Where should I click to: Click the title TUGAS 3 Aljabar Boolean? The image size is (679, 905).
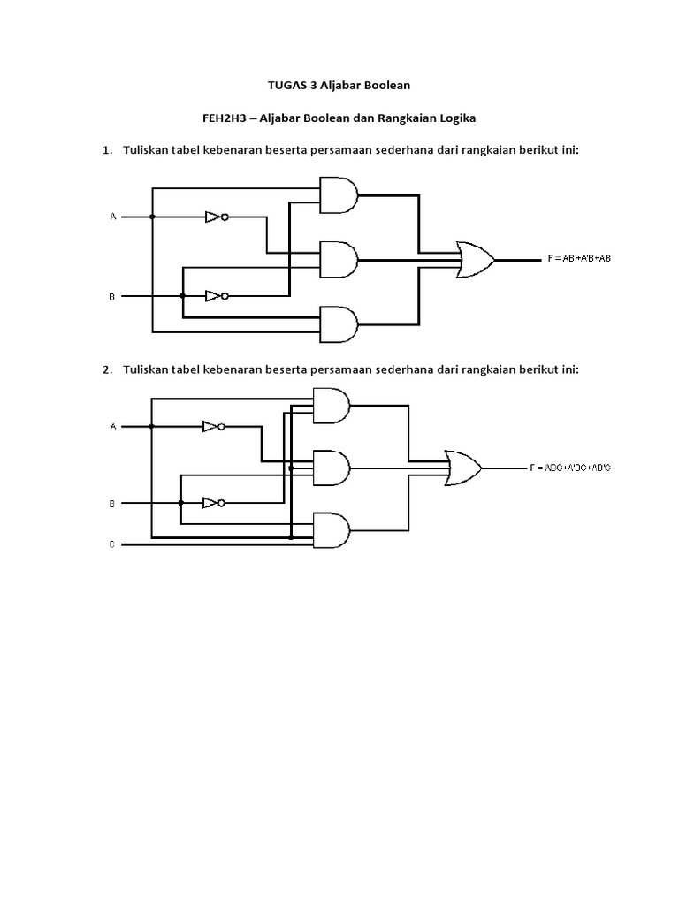339,86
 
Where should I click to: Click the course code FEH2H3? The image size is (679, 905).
224,118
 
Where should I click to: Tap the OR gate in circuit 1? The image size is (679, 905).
475,260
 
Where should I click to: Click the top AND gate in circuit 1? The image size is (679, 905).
338,194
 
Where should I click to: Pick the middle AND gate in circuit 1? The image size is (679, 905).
338,260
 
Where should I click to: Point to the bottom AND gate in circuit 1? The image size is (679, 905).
338,324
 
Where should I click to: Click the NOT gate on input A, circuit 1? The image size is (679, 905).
216,217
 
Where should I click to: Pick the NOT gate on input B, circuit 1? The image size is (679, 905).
216,296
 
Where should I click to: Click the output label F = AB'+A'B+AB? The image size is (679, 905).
578,260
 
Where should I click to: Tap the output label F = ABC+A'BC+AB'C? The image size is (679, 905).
570,468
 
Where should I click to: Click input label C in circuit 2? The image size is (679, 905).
112,544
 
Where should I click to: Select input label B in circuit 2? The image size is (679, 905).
112,503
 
